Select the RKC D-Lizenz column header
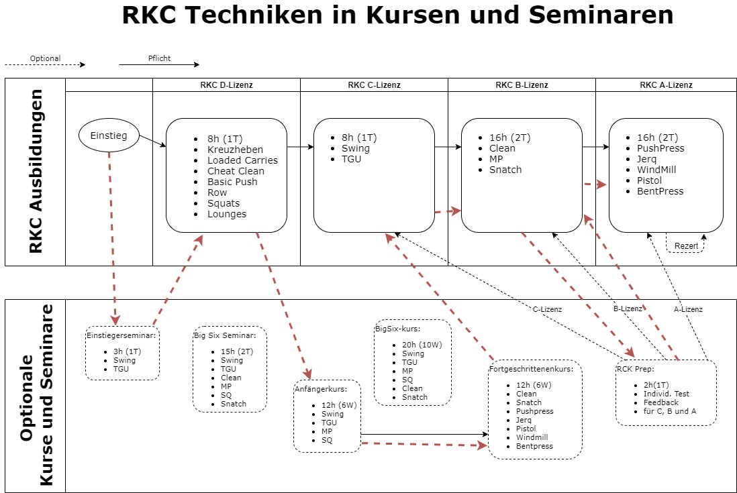226,85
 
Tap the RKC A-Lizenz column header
666,85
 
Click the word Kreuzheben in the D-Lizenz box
235,150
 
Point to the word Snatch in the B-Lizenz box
505,170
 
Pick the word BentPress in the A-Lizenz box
660,191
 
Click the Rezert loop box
686,245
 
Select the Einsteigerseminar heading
121,335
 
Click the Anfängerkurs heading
320,388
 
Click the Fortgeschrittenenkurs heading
532,369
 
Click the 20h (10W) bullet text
422,345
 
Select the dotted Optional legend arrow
45,65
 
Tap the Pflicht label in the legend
159,58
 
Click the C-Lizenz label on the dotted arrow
546,309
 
